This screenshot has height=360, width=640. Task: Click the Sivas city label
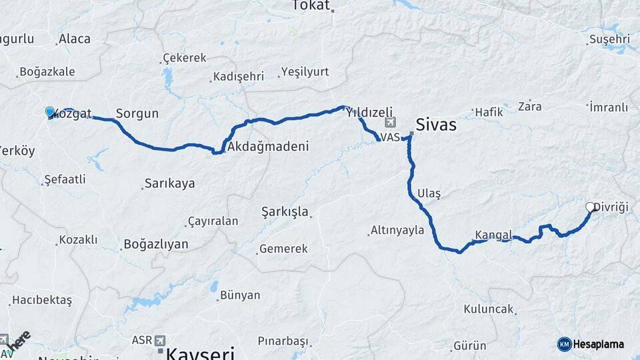coord(435,125)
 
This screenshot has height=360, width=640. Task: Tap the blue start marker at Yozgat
coord(50,112)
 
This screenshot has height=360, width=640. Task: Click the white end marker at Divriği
coord(590,207)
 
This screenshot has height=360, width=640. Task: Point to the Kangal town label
coord(493,235)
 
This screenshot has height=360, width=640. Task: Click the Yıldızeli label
coord(369,112)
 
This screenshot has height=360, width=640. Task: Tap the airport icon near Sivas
coord(390,122)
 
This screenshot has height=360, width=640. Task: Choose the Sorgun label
coord(137,113)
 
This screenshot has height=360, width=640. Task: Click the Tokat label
coord(311,6)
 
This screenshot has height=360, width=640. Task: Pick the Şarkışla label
coord(285,212)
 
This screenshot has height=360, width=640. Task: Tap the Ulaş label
coord(429,193)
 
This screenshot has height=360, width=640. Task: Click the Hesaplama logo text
coord(599,344)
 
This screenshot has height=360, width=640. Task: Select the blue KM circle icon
coord(564,344)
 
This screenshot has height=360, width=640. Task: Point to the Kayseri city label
coord(201,353)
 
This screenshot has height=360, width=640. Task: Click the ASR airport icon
coord(159,341)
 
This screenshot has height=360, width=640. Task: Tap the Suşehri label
coord(609,39)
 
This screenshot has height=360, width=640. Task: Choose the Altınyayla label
coord(398,230)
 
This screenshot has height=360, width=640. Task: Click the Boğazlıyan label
coord(156,245)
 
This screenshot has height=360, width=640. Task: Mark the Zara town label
coord(530,106)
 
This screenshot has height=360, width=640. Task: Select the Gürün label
coord(469,346)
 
